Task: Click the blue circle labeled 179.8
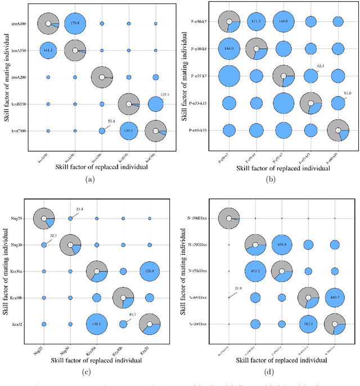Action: point(75,24)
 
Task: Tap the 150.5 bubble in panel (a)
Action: point(128,131)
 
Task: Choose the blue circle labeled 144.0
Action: point(229,49)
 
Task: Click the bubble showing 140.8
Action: point(283,22)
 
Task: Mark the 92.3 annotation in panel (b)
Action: point(320,66)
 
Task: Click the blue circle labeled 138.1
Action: point(97,324)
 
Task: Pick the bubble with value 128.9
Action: point(150,271)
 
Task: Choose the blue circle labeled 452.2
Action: point(255,271)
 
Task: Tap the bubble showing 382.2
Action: point(308,324)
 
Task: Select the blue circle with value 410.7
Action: point(335,298)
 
